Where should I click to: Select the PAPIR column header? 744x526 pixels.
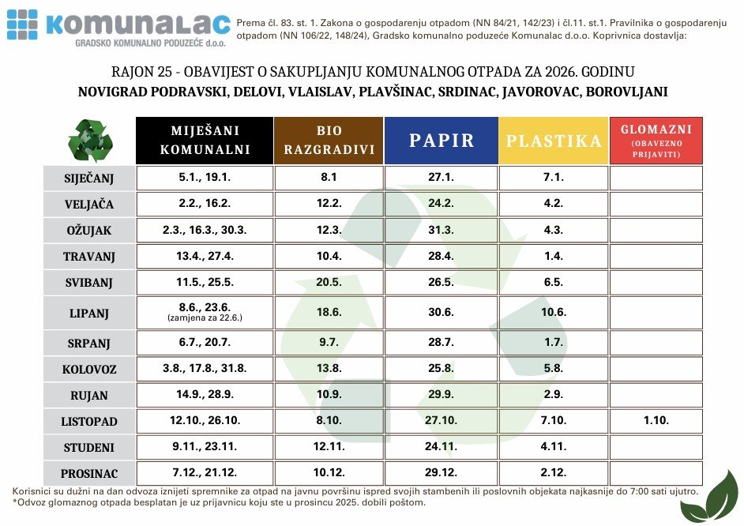tap(441, 141)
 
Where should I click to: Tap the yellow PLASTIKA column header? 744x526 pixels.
tap(554, 141)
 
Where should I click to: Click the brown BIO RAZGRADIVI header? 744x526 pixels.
tap(329, 141)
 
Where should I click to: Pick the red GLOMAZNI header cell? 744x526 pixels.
tap(656, 141)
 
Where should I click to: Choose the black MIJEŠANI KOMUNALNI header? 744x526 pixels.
tap(205, 141)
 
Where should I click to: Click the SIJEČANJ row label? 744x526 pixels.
tap(88, 178)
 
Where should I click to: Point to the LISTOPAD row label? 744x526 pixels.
tap(88, 421)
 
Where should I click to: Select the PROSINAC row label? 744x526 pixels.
tap(88, 474)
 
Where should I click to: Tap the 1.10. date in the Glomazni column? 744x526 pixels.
tap(656, 421)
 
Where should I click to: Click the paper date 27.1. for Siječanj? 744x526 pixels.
tap(441, 178)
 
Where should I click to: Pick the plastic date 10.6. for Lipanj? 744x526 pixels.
tap(554, 312)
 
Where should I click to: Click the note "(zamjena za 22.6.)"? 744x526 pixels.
tap(205, 318)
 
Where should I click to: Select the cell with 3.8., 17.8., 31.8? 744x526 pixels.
tap(205, 368)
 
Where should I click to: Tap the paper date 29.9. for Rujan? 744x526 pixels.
tap(441, 394)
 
